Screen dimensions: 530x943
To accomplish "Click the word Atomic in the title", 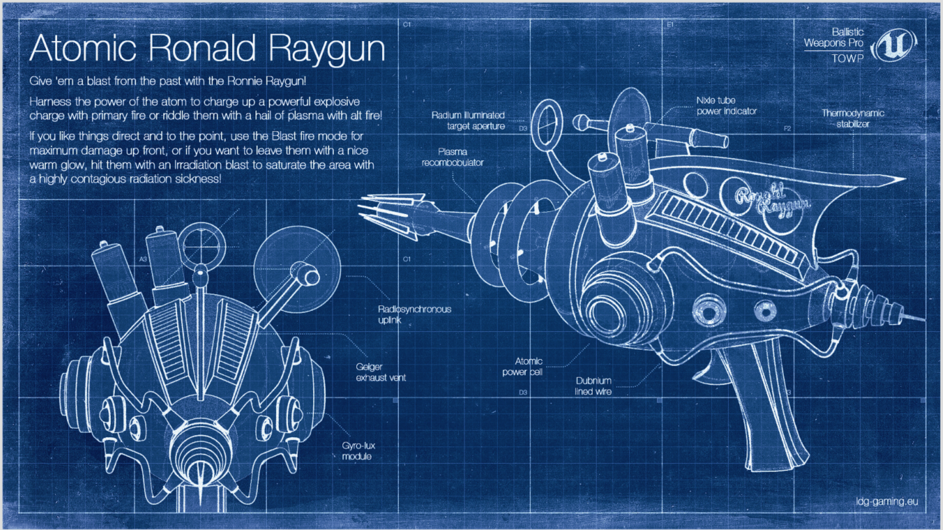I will [x=83, y=49].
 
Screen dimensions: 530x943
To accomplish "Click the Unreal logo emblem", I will [x=893, y=45].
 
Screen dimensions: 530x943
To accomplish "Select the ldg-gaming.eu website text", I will [x=887, y=501].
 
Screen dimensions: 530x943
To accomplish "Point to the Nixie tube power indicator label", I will [x=726, y=106].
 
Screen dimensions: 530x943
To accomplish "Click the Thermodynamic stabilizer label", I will [x=853, y=118].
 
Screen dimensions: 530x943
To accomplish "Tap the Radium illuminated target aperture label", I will [x=468, y=121].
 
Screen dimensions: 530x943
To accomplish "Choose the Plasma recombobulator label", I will [x=452, y=157].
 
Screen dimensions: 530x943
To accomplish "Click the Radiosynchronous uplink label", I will [x=414, y=315].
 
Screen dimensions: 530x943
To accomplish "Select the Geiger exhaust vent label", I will [x=381, y=372].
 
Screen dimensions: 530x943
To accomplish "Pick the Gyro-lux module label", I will [x=358, y=451].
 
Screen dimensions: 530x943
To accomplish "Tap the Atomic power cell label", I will [x=523, y=367].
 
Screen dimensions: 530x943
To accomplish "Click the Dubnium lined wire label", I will [x=593, y=386].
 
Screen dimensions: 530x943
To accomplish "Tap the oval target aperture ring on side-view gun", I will [x=547, y=125].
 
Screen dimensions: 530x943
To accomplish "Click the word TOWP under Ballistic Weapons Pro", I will [x=847, y=58].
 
